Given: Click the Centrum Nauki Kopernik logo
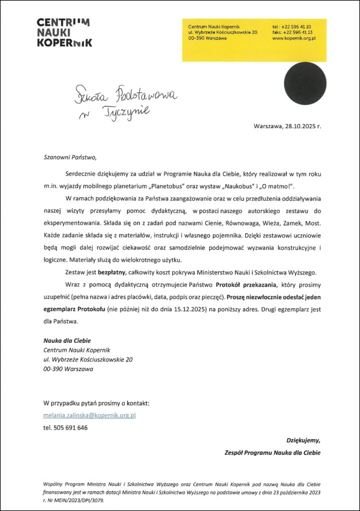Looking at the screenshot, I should pos(64,32).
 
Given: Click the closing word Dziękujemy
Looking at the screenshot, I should pos(303,440).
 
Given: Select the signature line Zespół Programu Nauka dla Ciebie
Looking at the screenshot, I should pos(272,453).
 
